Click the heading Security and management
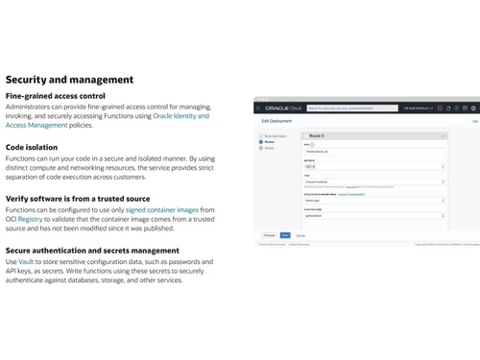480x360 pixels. [x=69, y=80]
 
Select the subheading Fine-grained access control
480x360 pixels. [x=55, y=96]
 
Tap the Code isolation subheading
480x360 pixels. [x=32, y=147]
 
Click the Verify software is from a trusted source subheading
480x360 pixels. [x=78, y=199]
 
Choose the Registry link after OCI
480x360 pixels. [x=31, y=219]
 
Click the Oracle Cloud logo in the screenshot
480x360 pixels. [x=284, y=108]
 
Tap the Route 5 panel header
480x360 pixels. [x=373, y=136]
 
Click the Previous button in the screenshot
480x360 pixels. [x=270, y=234]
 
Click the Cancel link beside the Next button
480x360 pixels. [x=300, y=234]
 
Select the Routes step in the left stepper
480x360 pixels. [x=269, y=142]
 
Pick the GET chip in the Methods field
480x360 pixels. [x=310, y=166]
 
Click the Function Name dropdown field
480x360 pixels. [x=373, y=216]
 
